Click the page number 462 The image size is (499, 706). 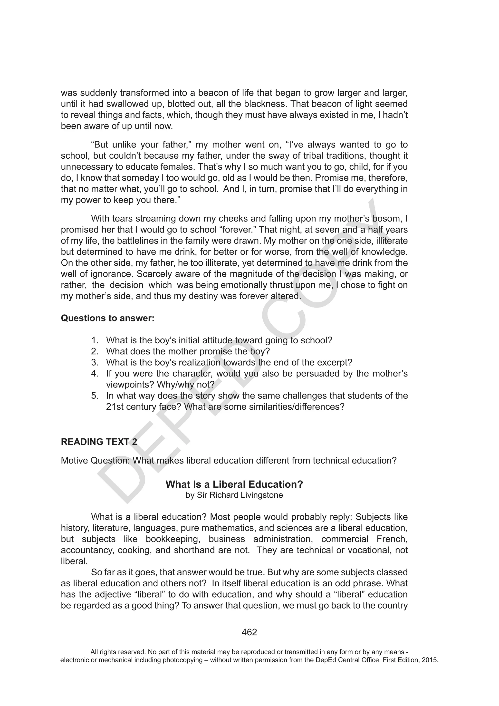(x=249, y=632)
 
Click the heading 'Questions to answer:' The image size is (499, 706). (x=108, y=318)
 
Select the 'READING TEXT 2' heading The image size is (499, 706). (x=99, y=442)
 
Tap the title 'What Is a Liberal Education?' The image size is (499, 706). (x=234, y=484)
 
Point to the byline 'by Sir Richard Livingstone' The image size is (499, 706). (x=234, y=495)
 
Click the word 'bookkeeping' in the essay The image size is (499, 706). (x=172, y=539)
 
